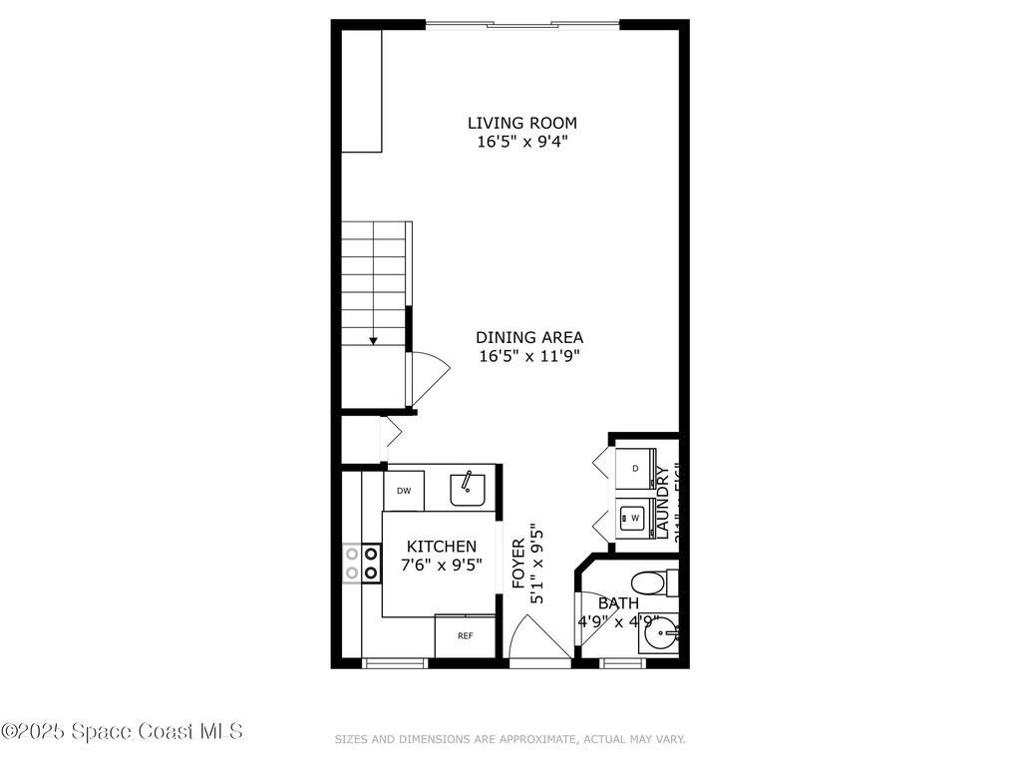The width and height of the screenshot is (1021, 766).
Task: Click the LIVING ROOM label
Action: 522,123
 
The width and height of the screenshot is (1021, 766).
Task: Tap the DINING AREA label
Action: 528,337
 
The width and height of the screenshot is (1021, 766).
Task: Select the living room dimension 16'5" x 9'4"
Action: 522,142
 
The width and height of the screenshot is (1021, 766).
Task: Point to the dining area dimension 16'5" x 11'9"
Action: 528,356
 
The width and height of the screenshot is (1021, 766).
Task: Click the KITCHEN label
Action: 442,547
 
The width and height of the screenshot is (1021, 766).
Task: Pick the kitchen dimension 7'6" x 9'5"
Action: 442,565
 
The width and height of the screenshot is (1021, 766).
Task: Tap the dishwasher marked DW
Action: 404,490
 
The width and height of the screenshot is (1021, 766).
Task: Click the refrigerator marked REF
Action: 465,636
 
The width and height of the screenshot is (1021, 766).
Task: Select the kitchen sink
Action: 467,489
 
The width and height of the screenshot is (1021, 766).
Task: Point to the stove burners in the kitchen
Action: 361,563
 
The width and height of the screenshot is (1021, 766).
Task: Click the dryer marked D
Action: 635,468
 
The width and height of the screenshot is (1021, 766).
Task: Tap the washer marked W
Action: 634,518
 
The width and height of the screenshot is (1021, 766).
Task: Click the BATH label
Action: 618,603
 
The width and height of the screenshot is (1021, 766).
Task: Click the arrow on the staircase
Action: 373,340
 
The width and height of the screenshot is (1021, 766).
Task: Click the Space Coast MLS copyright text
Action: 122,731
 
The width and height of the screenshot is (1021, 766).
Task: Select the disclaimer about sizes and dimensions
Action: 510,739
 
